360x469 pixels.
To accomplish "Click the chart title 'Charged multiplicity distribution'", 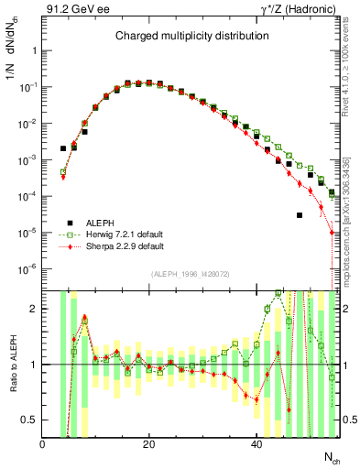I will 191,36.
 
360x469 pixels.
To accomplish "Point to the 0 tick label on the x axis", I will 43,444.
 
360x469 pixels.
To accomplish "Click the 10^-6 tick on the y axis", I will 28,268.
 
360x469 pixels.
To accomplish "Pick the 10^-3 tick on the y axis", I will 28,159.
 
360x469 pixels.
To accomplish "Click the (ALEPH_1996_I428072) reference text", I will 191,274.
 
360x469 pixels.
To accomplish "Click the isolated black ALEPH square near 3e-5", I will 299,215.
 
